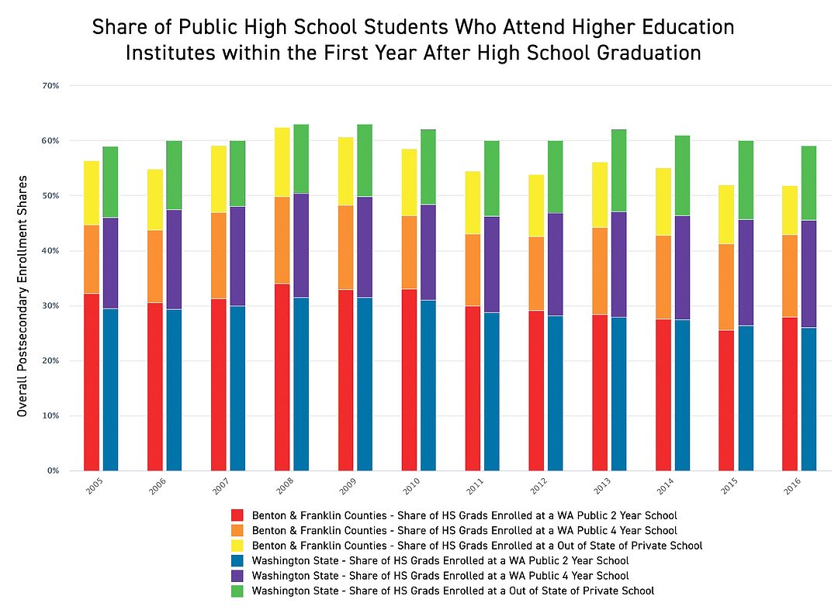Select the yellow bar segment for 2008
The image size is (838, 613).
282,162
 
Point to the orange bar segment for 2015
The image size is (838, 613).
726,287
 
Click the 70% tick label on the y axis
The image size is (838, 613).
50,85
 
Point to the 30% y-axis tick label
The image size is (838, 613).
50,305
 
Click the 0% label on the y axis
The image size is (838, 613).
53,470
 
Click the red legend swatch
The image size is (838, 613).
237,515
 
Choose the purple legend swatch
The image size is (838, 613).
237,576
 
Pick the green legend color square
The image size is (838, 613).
237,591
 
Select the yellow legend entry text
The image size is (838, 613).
477,546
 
